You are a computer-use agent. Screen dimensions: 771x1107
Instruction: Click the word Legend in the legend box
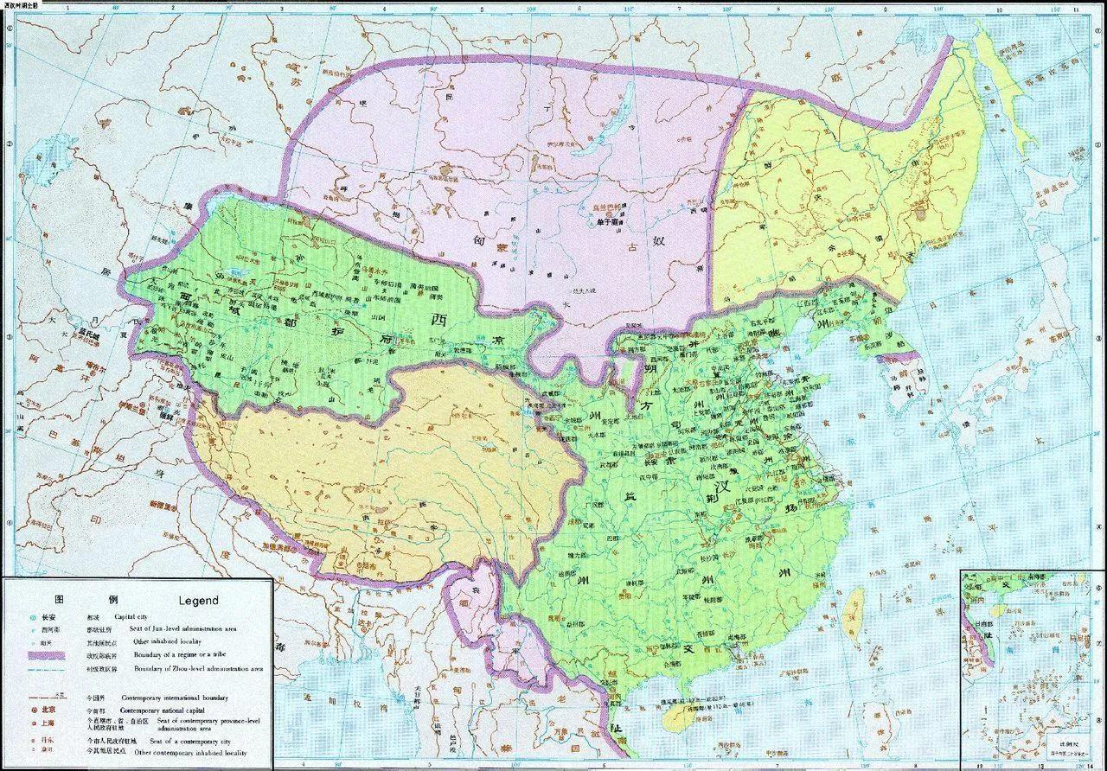tap(198, 600)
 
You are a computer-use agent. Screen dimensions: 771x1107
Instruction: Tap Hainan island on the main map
tap(682, 710)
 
